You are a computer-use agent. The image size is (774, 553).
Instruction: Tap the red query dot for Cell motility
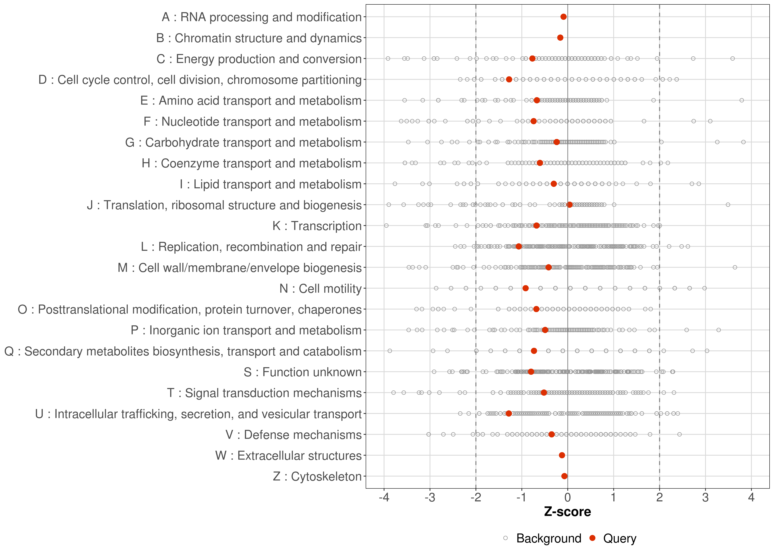[526, 288]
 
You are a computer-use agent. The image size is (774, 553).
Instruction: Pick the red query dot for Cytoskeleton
[564, 476]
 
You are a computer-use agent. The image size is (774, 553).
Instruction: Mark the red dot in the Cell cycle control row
[509, 79]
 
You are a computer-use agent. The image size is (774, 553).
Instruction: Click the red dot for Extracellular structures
[562, 455]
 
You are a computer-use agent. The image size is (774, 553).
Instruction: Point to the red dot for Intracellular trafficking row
[508, 413]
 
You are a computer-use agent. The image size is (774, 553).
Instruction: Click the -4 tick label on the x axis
[384, 498]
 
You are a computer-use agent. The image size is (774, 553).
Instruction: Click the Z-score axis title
[567, 512]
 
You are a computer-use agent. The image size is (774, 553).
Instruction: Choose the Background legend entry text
[549, 538]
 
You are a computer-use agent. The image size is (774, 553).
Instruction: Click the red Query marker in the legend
[593, 538]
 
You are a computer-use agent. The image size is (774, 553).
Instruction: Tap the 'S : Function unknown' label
[303, 372]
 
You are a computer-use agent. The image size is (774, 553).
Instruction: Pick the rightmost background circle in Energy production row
[733, 59]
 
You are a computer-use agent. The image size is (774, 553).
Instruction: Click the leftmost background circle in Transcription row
[386, 225]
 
